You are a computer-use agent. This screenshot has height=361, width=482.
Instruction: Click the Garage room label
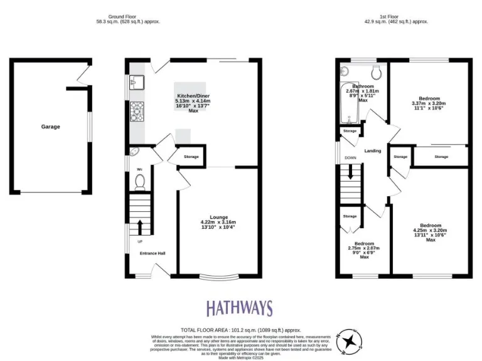tap(51, 127)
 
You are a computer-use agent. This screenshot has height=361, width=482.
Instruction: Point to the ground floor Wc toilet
tap(139, 181)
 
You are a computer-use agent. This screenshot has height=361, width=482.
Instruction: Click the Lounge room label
tap(218, 216)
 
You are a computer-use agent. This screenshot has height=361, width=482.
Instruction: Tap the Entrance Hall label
tap(153, 253)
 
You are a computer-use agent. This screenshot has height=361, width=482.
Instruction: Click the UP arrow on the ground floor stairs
tap(139, 226)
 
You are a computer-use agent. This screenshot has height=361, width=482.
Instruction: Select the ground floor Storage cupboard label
tap(191, 157)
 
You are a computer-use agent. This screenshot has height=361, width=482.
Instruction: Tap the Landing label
tap(373, 150)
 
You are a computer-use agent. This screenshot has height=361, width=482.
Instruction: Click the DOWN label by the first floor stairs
tap(350, 157)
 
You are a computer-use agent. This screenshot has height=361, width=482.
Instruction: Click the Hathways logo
tap(240, 308)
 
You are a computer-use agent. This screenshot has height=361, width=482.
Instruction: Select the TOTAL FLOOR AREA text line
tap(241, 330)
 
